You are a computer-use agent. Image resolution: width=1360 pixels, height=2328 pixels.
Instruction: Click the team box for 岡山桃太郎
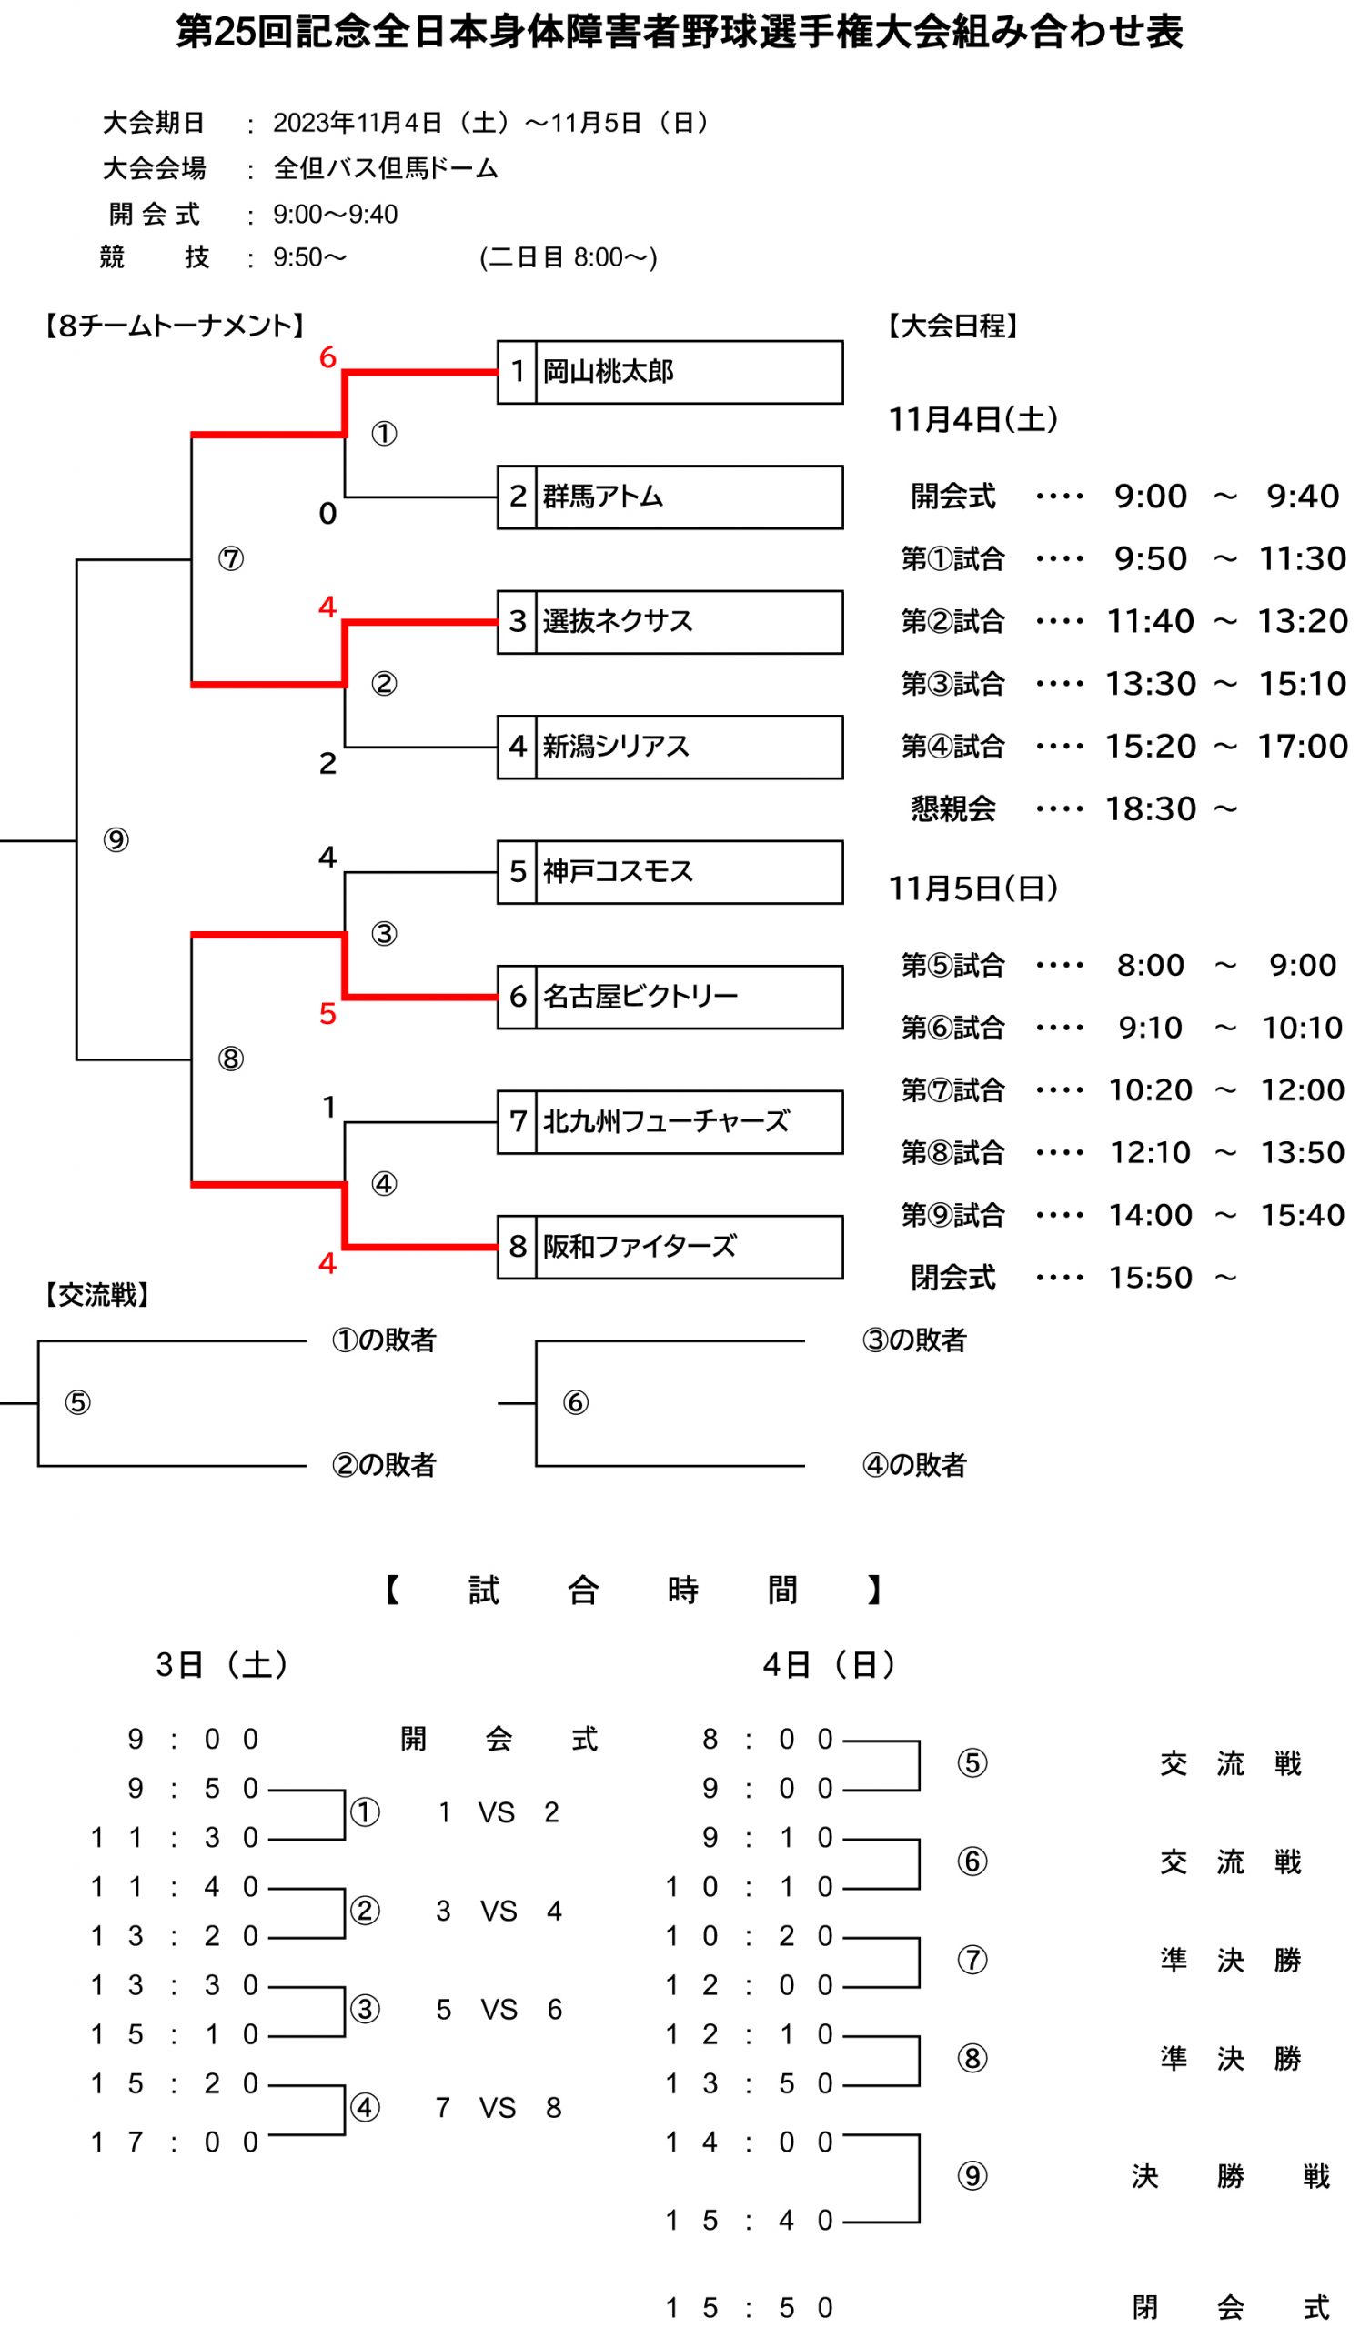tap(670, 372)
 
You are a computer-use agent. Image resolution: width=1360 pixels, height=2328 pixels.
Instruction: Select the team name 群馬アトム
tap(602, 497)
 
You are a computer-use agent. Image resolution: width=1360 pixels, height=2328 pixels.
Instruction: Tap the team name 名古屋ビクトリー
tap(640, 997)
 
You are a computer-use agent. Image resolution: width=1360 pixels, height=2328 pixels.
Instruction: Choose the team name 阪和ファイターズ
tap(640, 1247)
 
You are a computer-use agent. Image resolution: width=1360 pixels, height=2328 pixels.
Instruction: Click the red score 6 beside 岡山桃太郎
tap(328, 357)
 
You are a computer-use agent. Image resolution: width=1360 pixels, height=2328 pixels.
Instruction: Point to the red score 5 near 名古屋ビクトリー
tap(328, 1014)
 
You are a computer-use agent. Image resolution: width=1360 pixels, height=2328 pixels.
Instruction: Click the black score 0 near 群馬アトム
tap(328, 514)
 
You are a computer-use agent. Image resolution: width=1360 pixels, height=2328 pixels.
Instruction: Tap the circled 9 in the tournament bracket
tap(116, 839)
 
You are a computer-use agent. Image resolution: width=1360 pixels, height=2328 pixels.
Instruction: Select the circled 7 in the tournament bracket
tap(231, 559)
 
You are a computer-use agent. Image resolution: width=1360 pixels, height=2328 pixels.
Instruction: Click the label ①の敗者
tap(383, 1340)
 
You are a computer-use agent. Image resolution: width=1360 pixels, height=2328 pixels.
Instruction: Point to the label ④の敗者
tap(913, 1465)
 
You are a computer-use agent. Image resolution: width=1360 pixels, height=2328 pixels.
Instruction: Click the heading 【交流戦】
tap(96, 1295)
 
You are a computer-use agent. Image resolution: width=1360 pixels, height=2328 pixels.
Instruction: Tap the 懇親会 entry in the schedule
tap(952, 809)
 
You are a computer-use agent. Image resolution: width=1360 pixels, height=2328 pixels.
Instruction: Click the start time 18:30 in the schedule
tap(1150, 809)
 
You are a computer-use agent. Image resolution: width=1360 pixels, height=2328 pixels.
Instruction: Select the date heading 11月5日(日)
tap(972, 888)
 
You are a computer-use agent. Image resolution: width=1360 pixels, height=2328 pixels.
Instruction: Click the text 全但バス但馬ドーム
tap(386, 168)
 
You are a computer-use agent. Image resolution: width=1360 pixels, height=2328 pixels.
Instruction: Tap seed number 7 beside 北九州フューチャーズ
tap(518, 1121)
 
